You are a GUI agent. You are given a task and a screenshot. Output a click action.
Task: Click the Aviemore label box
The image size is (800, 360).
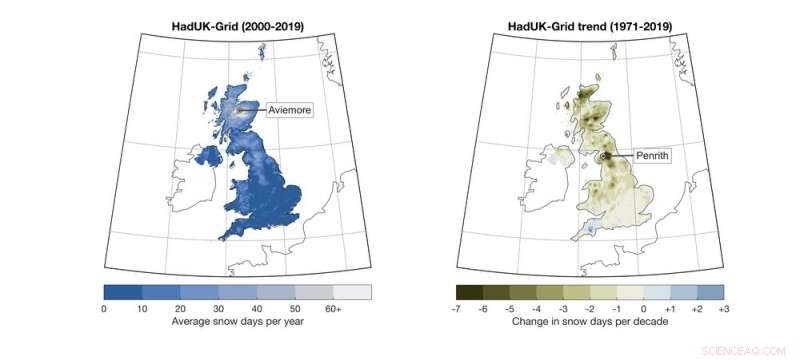click(290, 111)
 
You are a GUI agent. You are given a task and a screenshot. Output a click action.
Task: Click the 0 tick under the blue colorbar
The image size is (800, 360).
click(104, 309)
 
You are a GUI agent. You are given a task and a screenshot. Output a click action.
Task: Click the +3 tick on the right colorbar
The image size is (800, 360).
click(723, 309)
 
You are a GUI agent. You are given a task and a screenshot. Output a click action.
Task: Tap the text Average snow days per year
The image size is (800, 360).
click(237, 323)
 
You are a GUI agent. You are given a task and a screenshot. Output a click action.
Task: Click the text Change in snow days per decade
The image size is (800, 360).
click(590, 323)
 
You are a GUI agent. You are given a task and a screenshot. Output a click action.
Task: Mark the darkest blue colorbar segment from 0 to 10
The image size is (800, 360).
click(123, 292)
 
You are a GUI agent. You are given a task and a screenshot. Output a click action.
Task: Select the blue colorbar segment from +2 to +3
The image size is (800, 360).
click(710, 292)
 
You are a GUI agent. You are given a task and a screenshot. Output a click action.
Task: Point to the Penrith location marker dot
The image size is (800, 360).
click(606, 156)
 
